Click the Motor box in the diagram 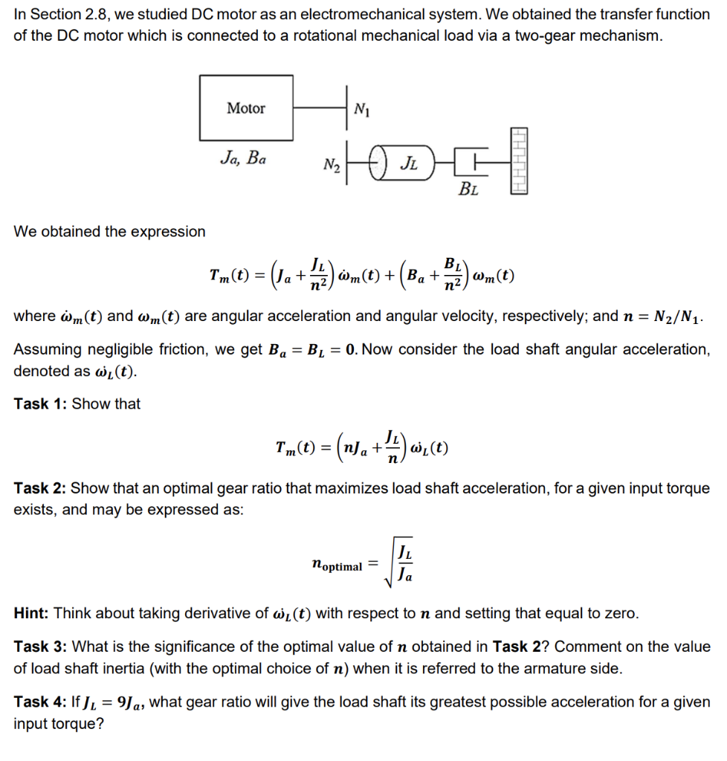click(x=247, y=109)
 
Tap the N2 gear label click(x=332, y=164)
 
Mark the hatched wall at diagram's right click(x=518, y=160)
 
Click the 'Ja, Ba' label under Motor click(x=244, y=158)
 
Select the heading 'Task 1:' click(x=41, y=404)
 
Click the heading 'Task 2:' click(x=41, y=488)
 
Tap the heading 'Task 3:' click(x=41, y=647)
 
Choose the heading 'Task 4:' click(x=41, y=702)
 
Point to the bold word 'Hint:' click(x=32, y=613)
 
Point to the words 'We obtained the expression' click(x=110, y=231)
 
